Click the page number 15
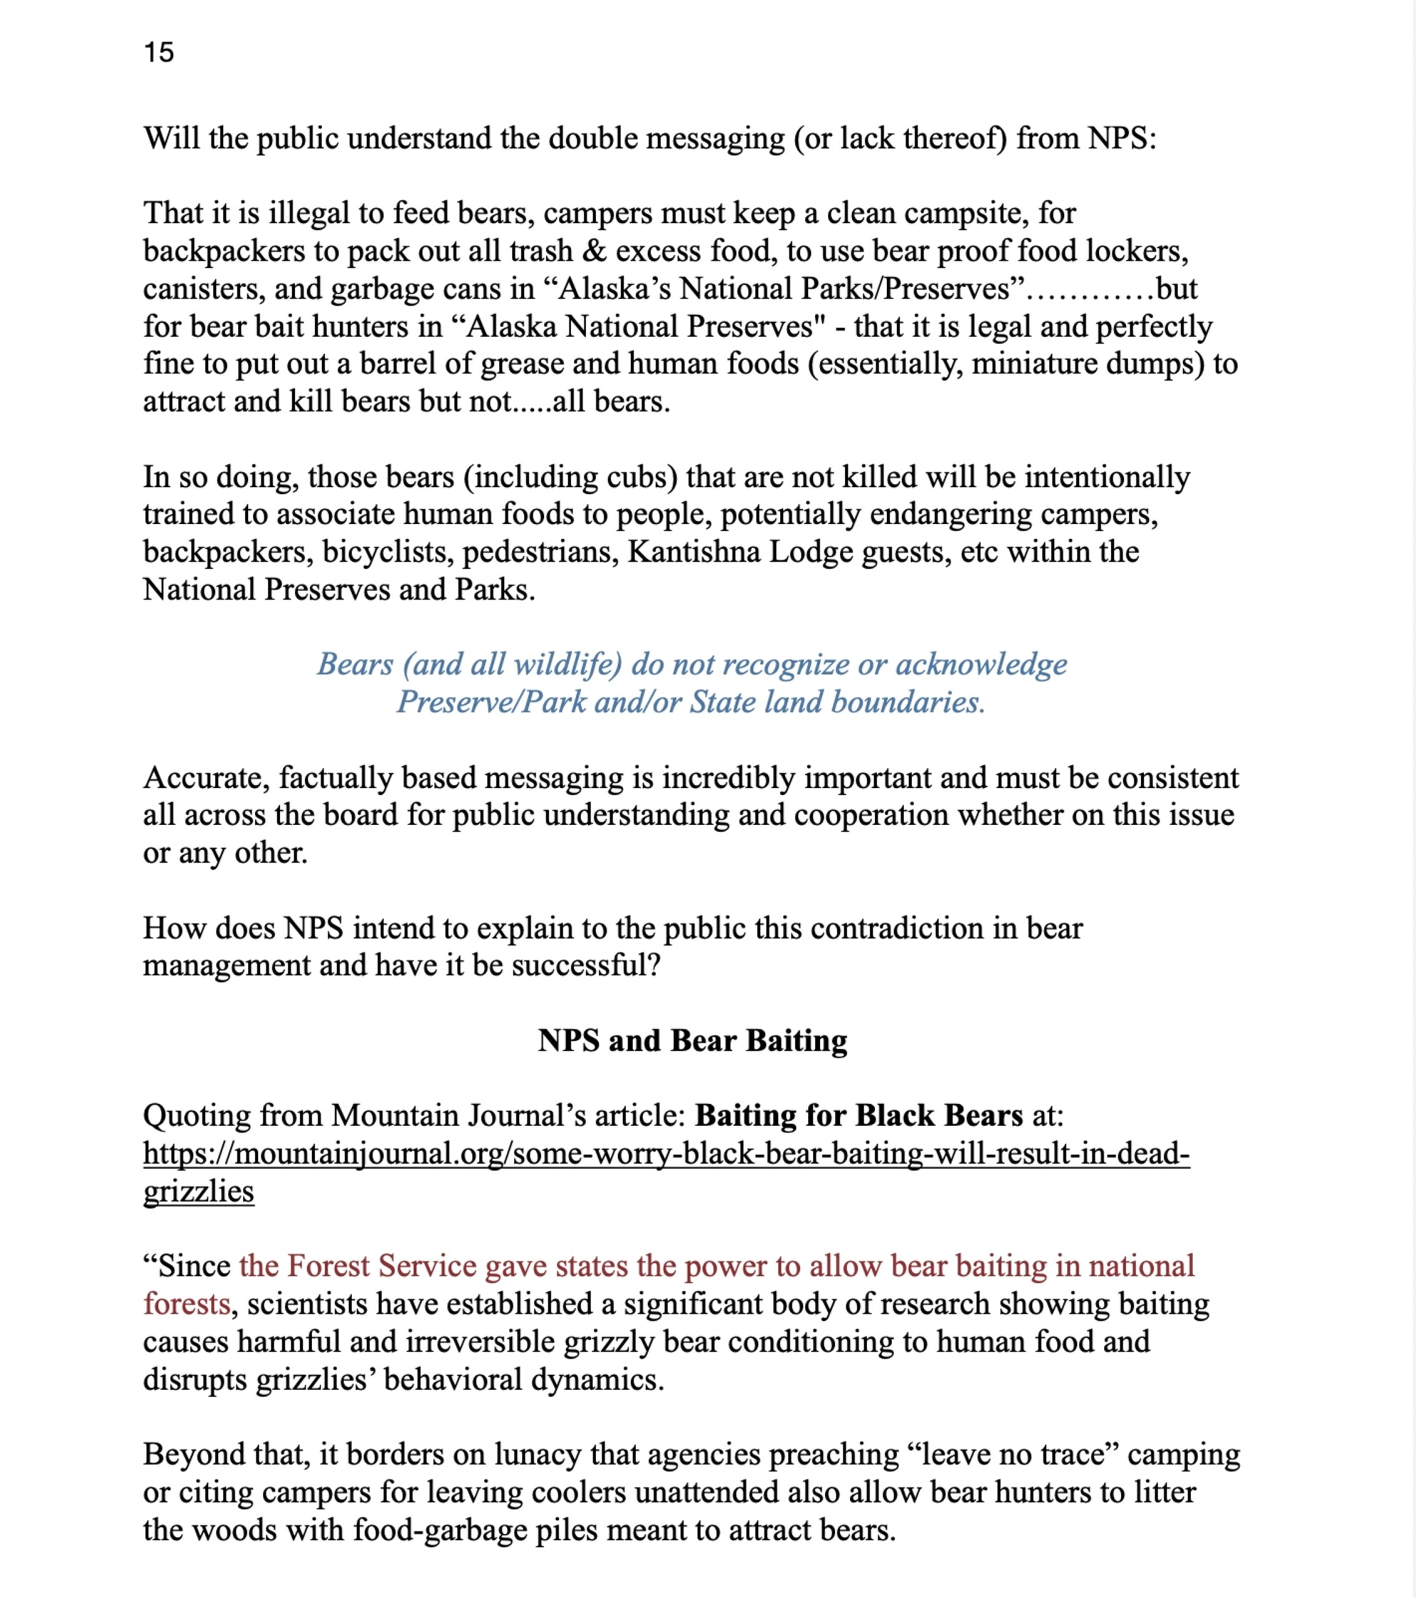pos(159,52)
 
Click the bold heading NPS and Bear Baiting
pos(692,1041)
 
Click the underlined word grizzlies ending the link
pos(199,1192)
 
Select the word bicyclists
pos(387,552)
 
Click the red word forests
pos(186,1304)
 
